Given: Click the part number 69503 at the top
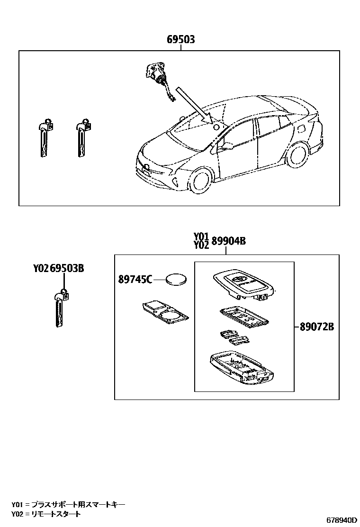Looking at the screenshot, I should pyautogui.click(x=180, y=40).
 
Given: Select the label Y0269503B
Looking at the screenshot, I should pyautogui.click(x=59, y=268).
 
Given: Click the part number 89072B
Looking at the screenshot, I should pyautogui.click(x=317, y=327).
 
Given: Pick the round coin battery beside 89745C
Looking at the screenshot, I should pyautogui.click(x=177, y=280).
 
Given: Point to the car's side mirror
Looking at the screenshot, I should pyautogui.click(x=225, y=145).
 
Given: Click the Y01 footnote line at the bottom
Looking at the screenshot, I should pyautogui.click(x=69, y=505).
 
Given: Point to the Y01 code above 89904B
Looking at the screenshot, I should pyautogui.click(x=201, y=236).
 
